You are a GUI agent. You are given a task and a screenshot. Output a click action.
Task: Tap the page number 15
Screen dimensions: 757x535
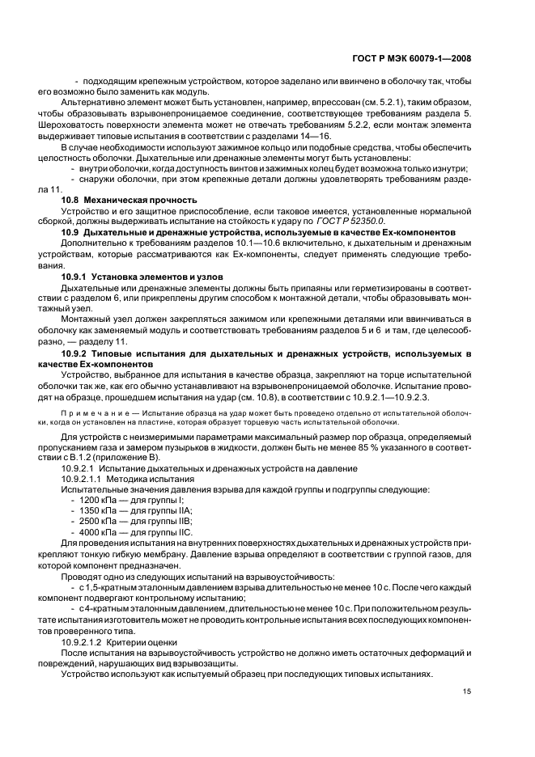pyautogui.click(x=467, y=691)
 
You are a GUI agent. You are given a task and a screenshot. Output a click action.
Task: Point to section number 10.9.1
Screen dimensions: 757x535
pyautogui.click(x=76, y=276)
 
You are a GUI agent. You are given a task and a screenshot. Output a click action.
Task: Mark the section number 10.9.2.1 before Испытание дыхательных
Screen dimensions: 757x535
pyautogui.click(x=80, y=468)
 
